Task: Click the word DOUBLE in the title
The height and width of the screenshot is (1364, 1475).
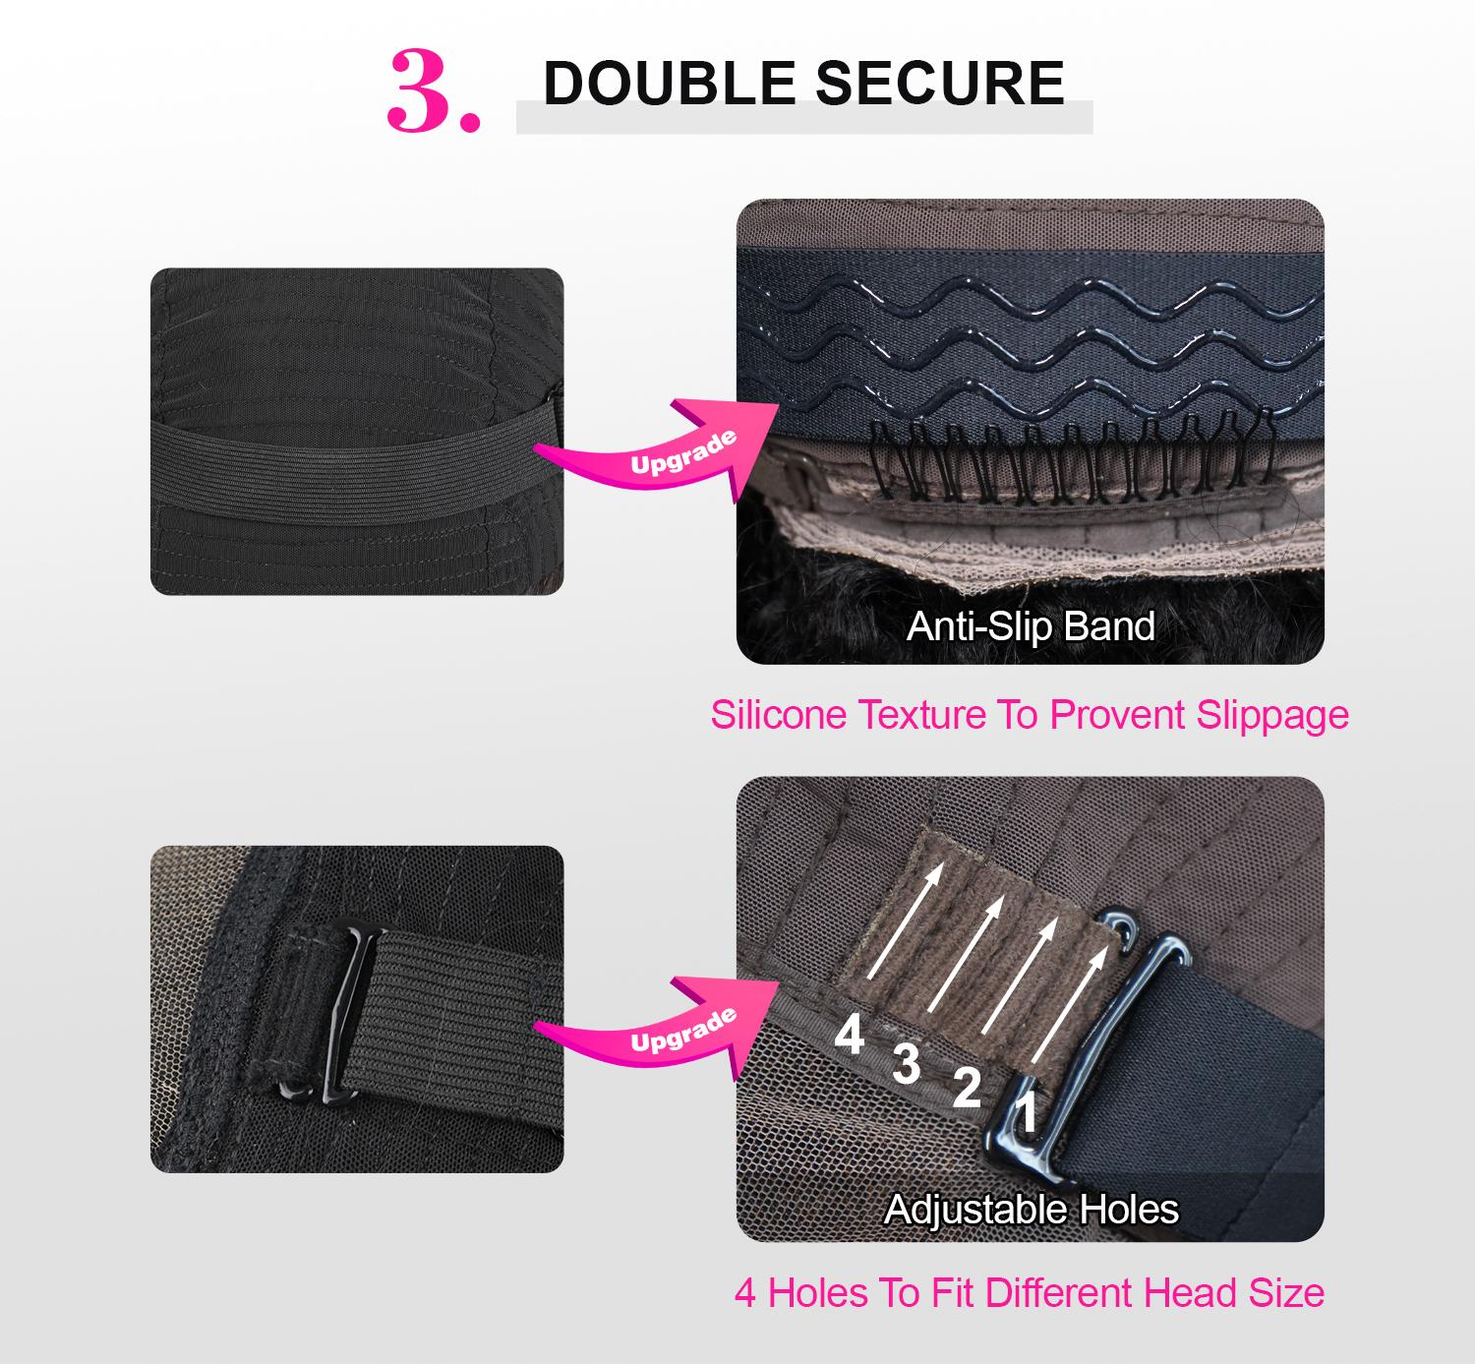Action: pyautogui.click(x=670, y=83)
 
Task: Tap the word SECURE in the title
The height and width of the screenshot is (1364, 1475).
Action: pyautogui.click(x=940, y=83)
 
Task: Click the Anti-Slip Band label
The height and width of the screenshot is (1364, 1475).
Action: pyautogui.click(x=1031, y=626)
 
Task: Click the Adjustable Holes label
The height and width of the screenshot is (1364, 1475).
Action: pyautogui.click(x=1031, y=1210)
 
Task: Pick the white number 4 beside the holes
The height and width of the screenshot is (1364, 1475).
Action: pyautogui.click(x=850, y=1034)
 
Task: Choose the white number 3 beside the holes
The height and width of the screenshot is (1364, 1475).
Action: pyautogui.click(x=907, y=1064)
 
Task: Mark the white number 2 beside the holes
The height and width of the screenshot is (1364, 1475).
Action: pyautogui.click(x=967, y=1088)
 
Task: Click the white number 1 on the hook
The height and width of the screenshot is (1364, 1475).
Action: pyautogui.click(x=1027, y=1113)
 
